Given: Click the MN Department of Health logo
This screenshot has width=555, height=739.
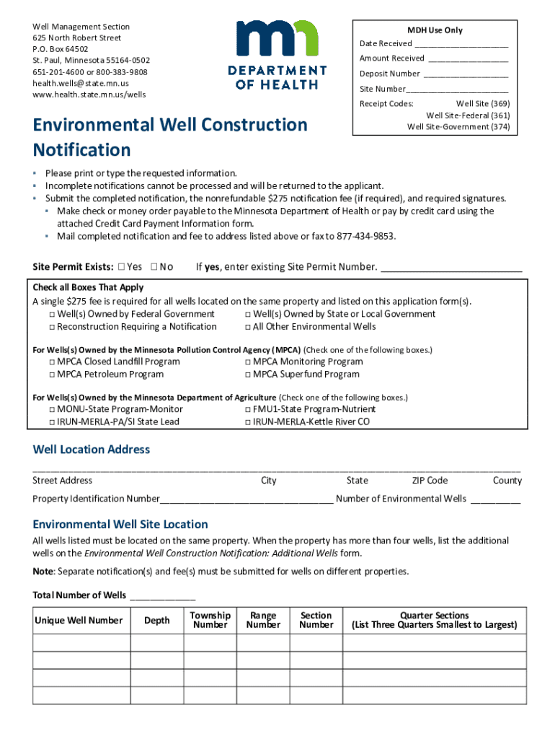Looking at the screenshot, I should click(x=277, y=54).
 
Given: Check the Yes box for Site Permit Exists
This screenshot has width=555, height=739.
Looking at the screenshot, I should click(x=121, y=267).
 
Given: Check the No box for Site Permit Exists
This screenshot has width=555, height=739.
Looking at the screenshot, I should click(x=154, y=267).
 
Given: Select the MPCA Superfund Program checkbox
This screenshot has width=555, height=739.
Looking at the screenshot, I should click(x=247, y=375).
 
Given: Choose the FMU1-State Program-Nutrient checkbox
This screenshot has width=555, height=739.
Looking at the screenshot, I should click(x=247, y=410).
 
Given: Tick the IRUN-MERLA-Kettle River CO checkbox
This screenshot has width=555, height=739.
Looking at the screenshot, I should click(x=247, y=422).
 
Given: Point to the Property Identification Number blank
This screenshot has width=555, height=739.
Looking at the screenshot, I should click(x=247, y=499).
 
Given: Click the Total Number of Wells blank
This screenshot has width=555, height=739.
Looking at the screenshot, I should click(x=162, y=596).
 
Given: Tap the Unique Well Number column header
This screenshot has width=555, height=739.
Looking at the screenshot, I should click(x=79, y=621).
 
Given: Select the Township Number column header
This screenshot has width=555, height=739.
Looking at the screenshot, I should click(x=210, y=620).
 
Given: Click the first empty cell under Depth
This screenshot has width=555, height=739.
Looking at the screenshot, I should click(x=157, y=642).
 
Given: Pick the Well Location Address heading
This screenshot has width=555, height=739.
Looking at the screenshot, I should click(x=92, y=450).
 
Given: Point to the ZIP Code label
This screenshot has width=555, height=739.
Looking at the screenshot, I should click(x=430, y=481).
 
